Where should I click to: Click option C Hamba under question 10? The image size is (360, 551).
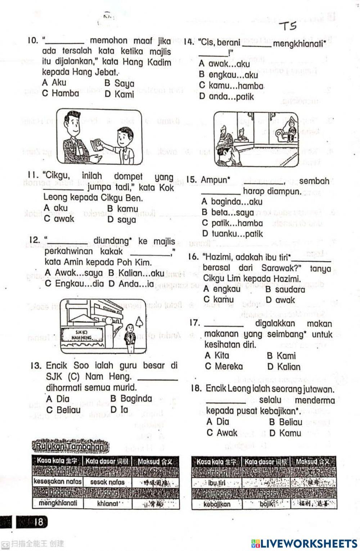pos(60,93)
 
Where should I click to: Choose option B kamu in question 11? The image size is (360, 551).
pos(123,209)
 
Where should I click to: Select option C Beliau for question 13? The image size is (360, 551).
pos(63,410)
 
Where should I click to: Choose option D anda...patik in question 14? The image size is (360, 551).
pos(227,96)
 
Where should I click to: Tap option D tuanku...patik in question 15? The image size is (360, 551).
pos(233,234)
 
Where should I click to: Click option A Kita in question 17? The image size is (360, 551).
pos(217,356)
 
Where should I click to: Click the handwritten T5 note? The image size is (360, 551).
pos(288,26)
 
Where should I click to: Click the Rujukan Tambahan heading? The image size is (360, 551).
pos(71,447)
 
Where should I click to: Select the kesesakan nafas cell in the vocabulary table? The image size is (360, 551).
pos(58,482)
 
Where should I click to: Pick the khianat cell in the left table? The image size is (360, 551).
pos(108,503)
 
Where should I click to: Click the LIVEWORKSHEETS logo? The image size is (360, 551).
pos(304,543)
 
